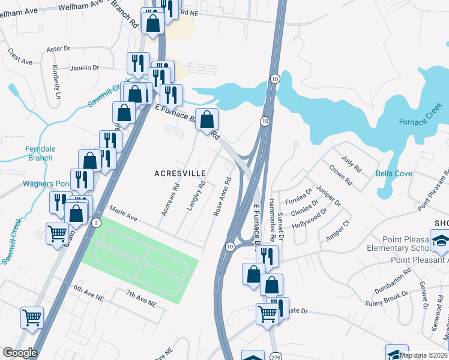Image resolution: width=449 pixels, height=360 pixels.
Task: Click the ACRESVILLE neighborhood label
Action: click(180, 173)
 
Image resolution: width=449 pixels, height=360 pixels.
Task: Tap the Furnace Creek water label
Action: click(421, 122)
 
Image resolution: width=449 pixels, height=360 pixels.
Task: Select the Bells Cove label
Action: click(394, 173)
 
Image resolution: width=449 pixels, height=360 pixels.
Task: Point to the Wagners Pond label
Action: click(43, 184)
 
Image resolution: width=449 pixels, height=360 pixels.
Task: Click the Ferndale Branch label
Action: click(40, 154)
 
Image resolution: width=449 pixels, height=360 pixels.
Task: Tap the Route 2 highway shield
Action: click(97, 223)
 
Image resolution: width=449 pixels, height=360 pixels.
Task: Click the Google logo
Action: click(20, 353)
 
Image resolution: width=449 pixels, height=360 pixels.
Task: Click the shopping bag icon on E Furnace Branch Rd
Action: click(206, 120)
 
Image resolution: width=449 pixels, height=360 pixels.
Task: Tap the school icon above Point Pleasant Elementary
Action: click(440, 241)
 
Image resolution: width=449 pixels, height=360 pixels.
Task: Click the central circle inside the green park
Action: click(141, 262)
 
